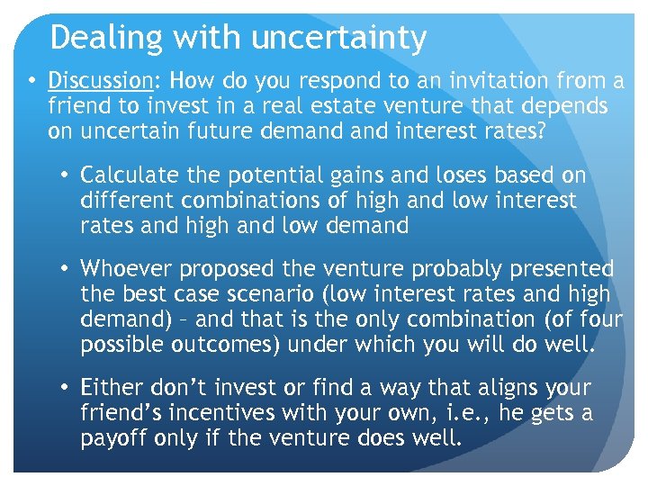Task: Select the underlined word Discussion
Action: (101, 81)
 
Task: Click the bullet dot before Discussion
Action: (31, 81)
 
